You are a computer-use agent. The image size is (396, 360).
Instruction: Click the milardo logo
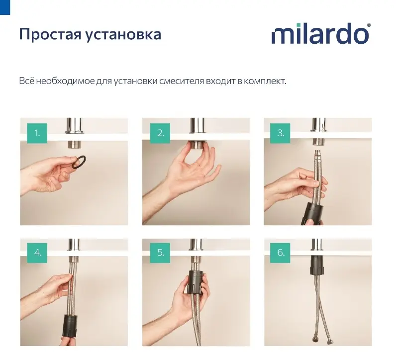click(x=321, y=34)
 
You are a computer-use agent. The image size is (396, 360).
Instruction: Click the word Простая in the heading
click(x=50, y=35)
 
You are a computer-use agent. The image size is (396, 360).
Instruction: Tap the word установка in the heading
click(x=123, y=35)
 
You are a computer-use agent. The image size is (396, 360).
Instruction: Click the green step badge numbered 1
click(x=37, y=133)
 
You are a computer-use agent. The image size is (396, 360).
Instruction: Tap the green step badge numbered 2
click(x=160, y=133)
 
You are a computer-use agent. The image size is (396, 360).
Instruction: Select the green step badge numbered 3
click(x=280, y=133)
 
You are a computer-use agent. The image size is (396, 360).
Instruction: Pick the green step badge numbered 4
click(x=37, y=253)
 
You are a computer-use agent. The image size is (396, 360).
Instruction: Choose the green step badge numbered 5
click(x=160, y=253)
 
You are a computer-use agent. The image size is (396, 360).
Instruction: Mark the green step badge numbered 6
click(x=280, y=253)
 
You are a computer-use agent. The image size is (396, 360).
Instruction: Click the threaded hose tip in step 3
click(x=318, y=154)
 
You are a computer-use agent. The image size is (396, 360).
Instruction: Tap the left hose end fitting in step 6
click(x=315, y=339)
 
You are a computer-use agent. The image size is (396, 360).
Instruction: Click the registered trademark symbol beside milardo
click(x=369, y=25)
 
